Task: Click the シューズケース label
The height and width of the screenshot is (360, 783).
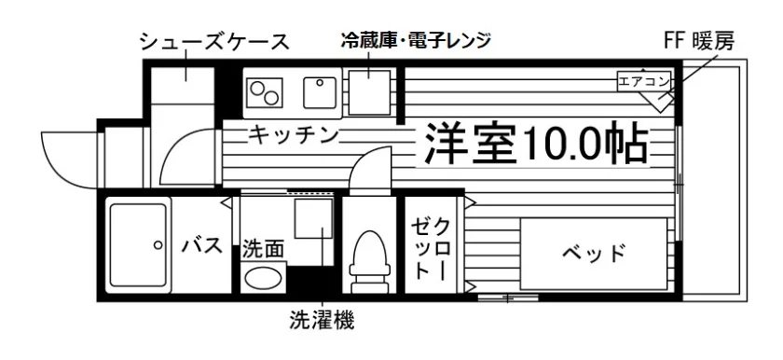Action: coord(214,42)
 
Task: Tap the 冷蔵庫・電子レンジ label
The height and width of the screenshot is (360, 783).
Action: coord(416,39)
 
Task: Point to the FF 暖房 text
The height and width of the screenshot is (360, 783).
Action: coord(699,42)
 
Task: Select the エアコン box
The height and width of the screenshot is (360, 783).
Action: coord(643,82)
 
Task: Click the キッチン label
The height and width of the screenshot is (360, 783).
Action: coord(295,134)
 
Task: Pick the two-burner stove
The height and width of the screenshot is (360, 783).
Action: coord(265,93)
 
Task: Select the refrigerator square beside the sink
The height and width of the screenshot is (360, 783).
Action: coord(369,93)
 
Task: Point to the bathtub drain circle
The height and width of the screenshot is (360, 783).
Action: coord(158,244)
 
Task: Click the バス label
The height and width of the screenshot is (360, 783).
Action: coord(201,245)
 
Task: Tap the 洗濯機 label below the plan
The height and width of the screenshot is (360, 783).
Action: coord(322,320)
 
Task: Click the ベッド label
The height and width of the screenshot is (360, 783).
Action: coord(593,254)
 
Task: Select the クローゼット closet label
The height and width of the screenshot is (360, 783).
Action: coord(430,249)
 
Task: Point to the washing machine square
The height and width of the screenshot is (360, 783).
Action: coord(313,218)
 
